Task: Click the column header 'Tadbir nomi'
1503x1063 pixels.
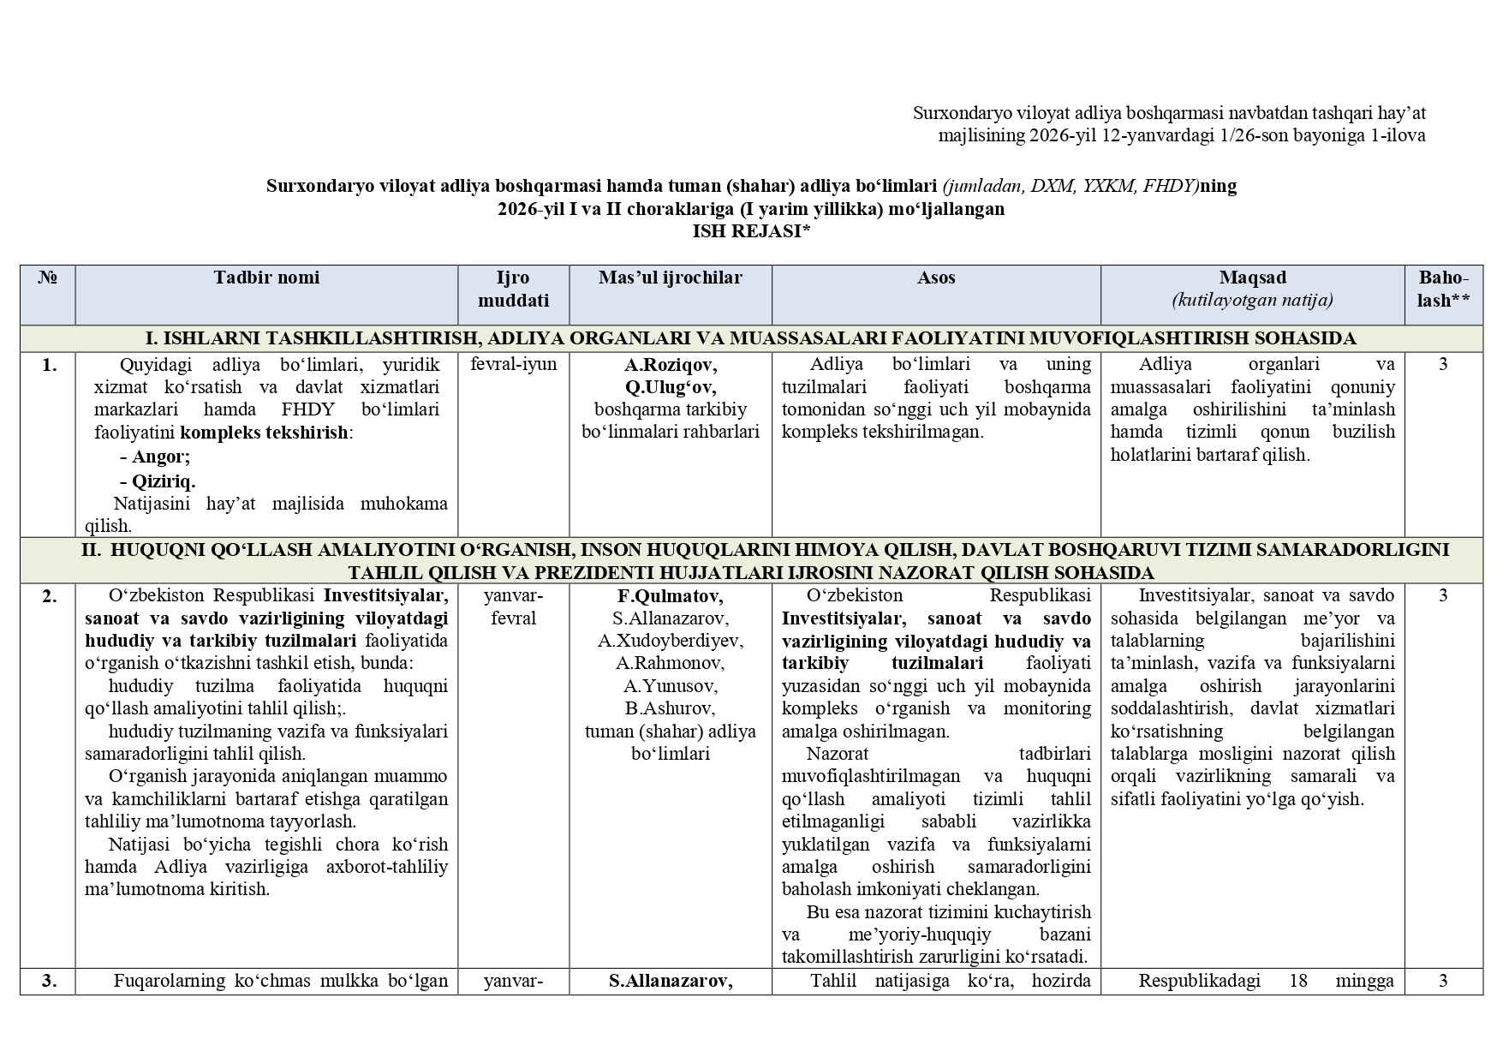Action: pos(266,278)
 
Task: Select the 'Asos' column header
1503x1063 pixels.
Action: pos(935,278)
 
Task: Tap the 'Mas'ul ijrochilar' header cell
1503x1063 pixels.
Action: pos(670,278)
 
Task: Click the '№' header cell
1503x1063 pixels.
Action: pos(48,278)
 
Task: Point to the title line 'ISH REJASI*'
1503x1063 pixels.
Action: pos(751,231)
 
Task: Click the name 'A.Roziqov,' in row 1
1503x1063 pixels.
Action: pos(671,364)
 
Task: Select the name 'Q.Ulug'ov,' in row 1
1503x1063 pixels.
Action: pos(671,387)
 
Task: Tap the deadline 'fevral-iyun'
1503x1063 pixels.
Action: pos(513,364)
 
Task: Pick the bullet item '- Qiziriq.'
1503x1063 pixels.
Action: pos(158,481)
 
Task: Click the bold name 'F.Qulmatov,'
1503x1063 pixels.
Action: pos(671,596)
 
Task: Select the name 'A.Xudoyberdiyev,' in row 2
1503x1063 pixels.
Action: pos(671,641)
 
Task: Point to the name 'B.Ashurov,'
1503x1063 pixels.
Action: pos(671,708)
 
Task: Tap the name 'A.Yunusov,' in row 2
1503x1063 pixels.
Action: pos(671,686)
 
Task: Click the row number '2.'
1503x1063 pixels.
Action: pos(49,596)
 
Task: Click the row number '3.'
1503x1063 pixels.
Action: pos(49,982)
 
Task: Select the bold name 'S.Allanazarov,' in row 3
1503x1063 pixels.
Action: pos(671,982)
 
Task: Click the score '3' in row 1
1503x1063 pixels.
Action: pos(1443,364)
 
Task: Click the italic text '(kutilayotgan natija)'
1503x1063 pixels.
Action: pos(1252,301)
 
